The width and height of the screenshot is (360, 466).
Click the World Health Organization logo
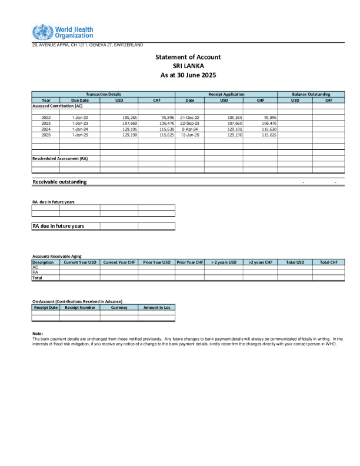tap(62, 32)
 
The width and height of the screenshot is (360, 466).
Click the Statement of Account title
tap(188, 57)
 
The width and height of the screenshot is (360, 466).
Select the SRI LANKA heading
tap(188, 66)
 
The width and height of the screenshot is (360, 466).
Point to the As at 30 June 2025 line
tap(188, 75)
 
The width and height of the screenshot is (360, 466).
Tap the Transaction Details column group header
tap(103, 94)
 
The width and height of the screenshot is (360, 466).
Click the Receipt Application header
tap(226, 94)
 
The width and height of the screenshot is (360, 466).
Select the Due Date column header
tap(79, 100)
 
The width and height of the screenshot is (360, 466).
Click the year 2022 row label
tap(46, 118)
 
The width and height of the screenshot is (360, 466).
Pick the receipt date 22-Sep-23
tap(189, 124)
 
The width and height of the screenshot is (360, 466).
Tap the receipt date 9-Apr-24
tap(189, 129)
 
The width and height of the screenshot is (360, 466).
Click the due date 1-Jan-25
tap(79, 135)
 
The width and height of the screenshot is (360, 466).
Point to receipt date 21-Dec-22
tap(189, 118)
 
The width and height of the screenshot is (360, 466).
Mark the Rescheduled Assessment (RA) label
tap(60, 158)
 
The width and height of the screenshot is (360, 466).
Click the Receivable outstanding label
tap(59, 182)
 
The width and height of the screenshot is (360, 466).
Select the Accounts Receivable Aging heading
tap(56, 257)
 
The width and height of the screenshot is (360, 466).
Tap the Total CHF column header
tap(329, 262)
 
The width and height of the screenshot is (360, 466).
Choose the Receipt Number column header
tap(79, 307)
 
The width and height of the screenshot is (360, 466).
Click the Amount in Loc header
tap(156, 307)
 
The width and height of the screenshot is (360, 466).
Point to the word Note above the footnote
tap(38, 334)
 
